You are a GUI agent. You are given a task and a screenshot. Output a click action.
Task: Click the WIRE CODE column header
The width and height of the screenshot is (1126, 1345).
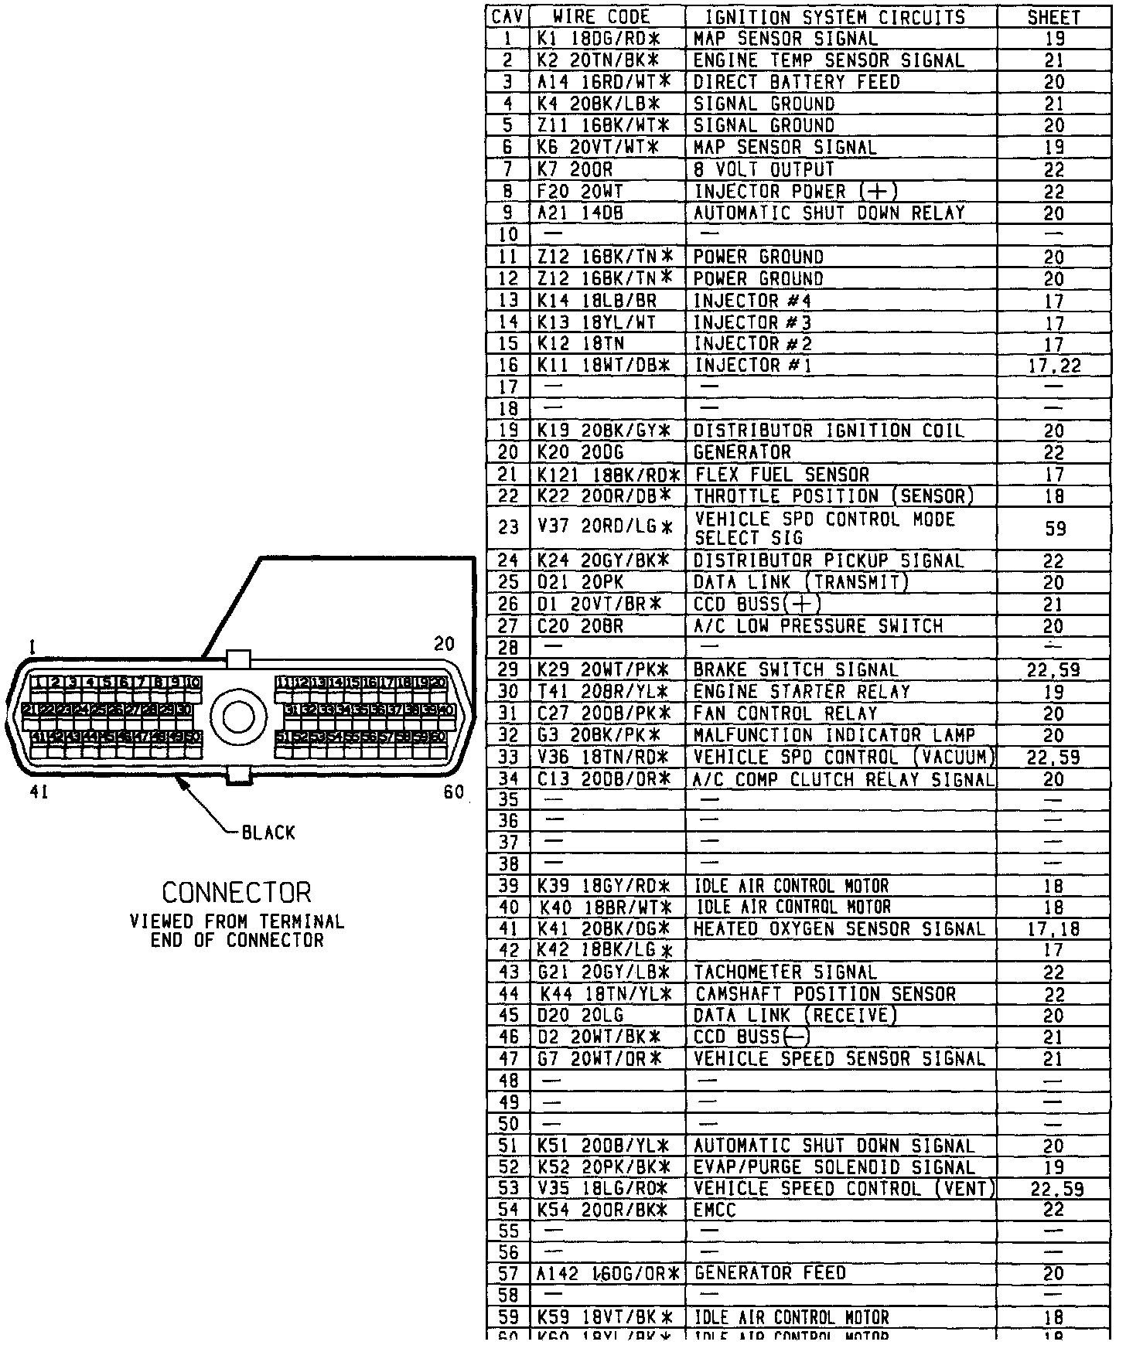click(602, 17)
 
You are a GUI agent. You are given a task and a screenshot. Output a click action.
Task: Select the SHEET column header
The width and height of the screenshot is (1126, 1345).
click(1053, 17)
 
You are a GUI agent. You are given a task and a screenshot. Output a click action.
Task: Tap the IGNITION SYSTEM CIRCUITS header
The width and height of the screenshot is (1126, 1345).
click(835, 17)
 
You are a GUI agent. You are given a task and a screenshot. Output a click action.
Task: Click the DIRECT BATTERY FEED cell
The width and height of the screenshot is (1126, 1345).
click(797, 82)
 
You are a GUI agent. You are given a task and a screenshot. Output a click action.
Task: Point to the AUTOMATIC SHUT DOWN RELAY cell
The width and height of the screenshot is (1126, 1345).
click(829, 213)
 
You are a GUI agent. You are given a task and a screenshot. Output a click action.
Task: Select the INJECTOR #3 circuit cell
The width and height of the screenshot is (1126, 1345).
click(752, 322)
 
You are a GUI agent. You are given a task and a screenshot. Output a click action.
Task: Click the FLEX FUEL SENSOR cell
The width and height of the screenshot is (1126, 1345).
click(782, 474)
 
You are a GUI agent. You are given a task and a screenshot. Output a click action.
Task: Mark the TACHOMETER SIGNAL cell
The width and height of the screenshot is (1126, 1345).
click(785, 972)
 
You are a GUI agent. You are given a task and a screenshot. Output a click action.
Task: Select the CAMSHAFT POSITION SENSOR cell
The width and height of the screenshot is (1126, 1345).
click(825, 994)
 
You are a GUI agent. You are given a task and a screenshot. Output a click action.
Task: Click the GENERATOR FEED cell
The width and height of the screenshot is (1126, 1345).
click(770, 1273)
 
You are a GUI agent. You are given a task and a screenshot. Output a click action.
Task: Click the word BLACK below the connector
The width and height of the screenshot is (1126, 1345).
click(268, 833)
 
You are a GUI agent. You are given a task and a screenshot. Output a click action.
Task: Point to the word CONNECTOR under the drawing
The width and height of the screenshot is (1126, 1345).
click(237, 893)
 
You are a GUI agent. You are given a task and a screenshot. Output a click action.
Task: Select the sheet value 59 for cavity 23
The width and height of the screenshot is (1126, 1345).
click(1054, 528)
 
